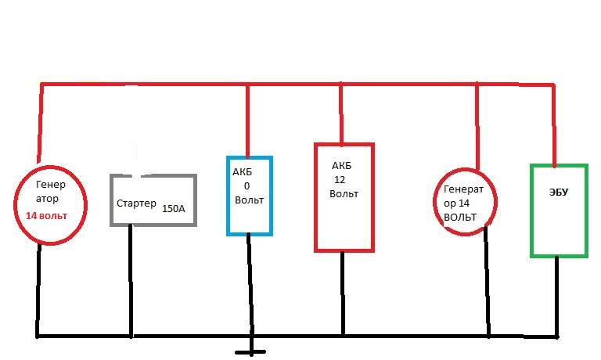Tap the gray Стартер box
point(153,200)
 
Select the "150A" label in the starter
point(174,209)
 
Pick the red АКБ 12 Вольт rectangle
point(344,197)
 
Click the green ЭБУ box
point(558,210)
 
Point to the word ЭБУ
point(556,190)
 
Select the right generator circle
point(466,202)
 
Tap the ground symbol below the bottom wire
point(251,351)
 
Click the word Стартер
point(137,204)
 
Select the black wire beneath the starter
point(131,281)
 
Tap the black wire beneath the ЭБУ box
point(557,297)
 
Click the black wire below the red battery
point(343,293)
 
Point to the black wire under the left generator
point(38,290)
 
